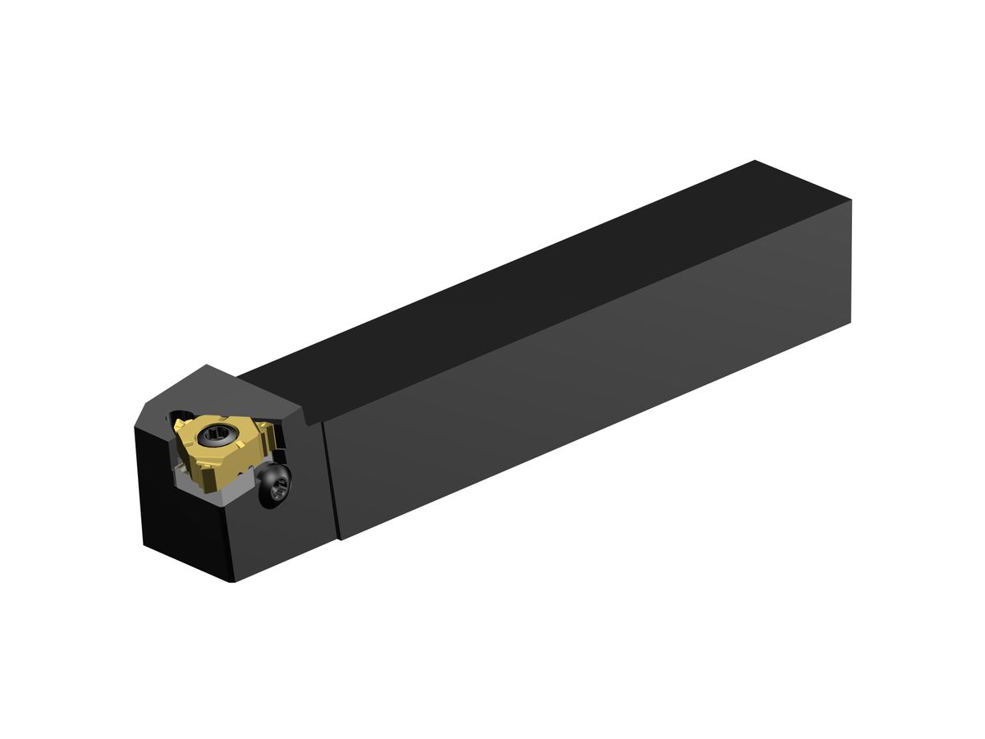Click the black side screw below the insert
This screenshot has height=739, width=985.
tap(276, 485)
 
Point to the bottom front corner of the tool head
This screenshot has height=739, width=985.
tap(231, 581)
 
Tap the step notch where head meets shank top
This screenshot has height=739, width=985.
tap(310, 419)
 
